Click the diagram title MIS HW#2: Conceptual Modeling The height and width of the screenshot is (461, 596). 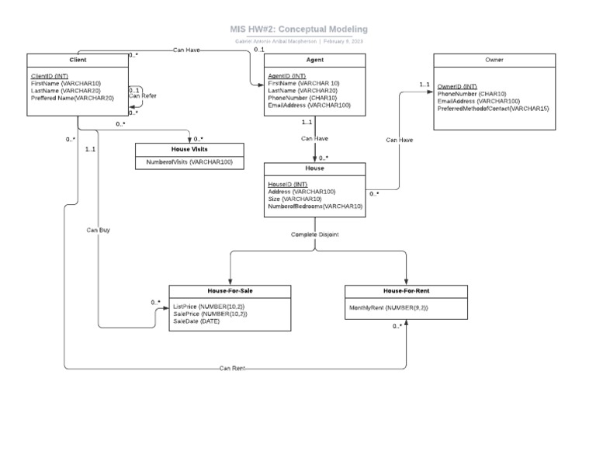tap(299, 29)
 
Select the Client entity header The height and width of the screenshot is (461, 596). tap(78, 60)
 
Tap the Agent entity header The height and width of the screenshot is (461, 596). tap(314, 60)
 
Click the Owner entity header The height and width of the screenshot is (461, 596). tap(494, 60)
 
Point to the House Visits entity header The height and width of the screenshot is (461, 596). tap(189, 148)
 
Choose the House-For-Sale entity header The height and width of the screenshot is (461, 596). tap(230, 291)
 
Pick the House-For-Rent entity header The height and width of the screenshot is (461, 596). tap(406, 291)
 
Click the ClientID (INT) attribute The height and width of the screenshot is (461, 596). tap(48, 76)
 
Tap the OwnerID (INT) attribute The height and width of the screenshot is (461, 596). tap(457, 87)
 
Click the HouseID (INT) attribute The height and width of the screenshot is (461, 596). tap(287, 185)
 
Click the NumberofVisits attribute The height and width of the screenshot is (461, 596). tap(189, 162)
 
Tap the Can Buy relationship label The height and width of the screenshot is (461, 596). tap(98, 230)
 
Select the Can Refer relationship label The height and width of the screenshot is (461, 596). tap(142, 96)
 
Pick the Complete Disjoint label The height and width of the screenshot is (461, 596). tap(314, 234)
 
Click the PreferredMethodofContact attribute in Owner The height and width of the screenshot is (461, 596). tap(493, 109)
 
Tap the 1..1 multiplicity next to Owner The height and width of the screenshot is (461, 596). tap(424, 85)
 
